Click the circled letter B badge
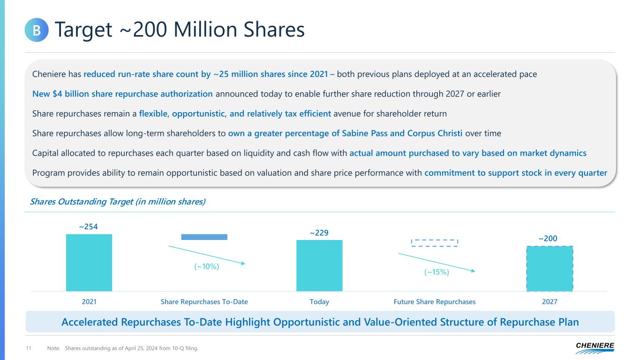37,30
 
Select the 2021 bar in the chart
89,262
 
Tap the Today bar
319,265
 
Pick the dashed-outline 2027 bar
550,269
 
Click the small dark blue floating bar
204,237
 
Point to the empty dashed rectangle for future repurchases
434,243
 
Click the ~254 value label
89,227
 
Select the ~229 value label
319,232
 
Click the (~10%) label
207,266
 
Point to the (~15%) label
437,272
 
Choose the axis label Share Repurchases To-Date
204,302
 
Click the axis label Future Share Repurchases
435,302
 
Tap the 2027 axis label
550,302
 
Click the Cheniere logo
595,347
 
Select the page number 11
28,348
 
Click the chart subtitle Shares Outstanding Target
118,202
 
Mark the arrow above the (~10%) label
206,255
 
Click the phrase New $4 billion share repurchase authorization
122,94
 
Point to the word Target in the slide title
83,30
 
